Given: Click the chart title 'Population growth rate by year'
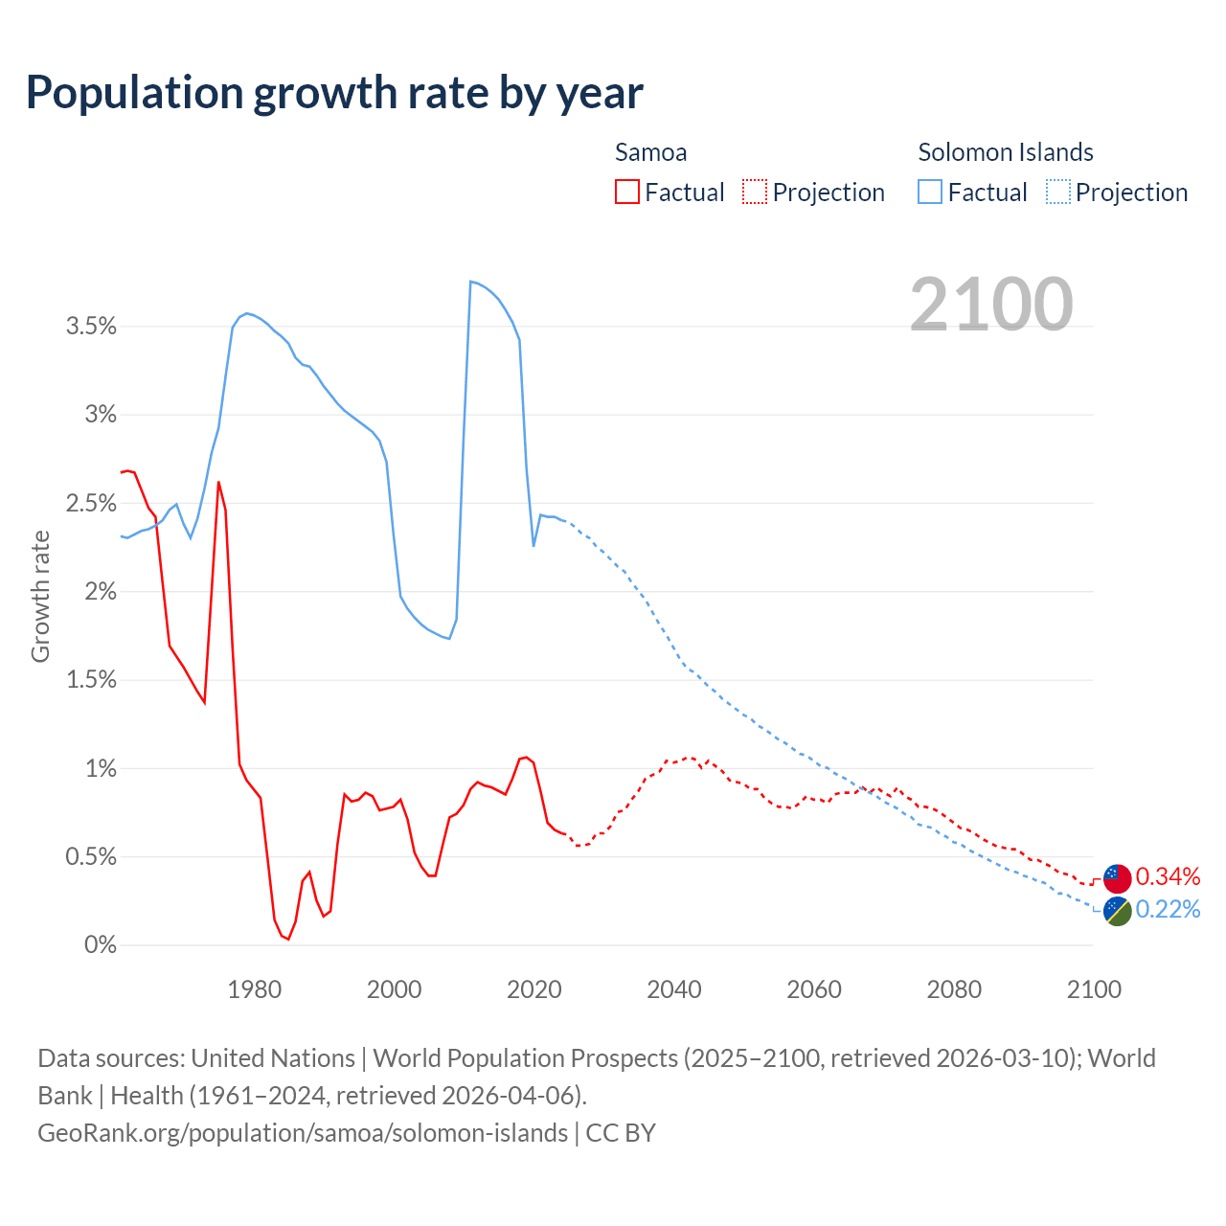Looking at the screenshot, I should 334,93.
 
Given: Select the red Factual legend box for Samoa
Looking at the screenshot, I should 626,192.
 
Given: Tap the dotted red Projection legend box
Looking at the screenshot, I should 755,192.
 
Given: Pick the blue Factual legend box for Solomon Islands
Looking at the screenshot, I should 930,192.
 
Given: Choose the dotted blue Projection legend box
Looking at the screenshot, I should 1058,192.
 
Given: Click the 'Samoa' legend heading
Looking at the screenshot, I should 650,152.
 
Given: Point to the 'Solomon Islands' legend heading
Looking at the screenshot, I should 1006,152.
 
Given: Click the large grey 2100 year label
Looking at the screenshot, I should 991,305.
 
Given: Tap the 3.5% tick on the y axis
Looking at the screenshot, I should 91,327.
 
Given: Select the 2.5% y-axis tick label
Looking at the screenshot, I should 91,504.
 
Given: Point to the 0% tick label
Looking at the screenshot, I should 100,945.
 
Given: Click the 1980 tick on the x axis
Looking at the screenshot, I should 255,989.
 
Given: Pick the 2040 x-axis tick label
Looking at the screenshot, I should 674,989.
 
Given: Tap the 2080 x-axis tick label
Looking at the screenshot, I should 954,989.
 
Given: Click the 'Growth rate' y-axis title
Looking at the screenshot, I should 40,596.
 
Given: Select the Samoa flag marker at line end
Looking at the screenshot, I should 1117,877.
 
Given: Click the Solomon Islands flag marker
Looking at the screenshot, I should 1117,911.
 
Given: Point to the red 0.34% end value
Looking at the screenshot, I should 1168,876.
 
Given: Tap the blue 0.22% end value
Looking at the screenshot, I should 1168,909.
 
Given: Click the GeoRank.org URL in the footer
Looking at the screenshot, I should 303,1132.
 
